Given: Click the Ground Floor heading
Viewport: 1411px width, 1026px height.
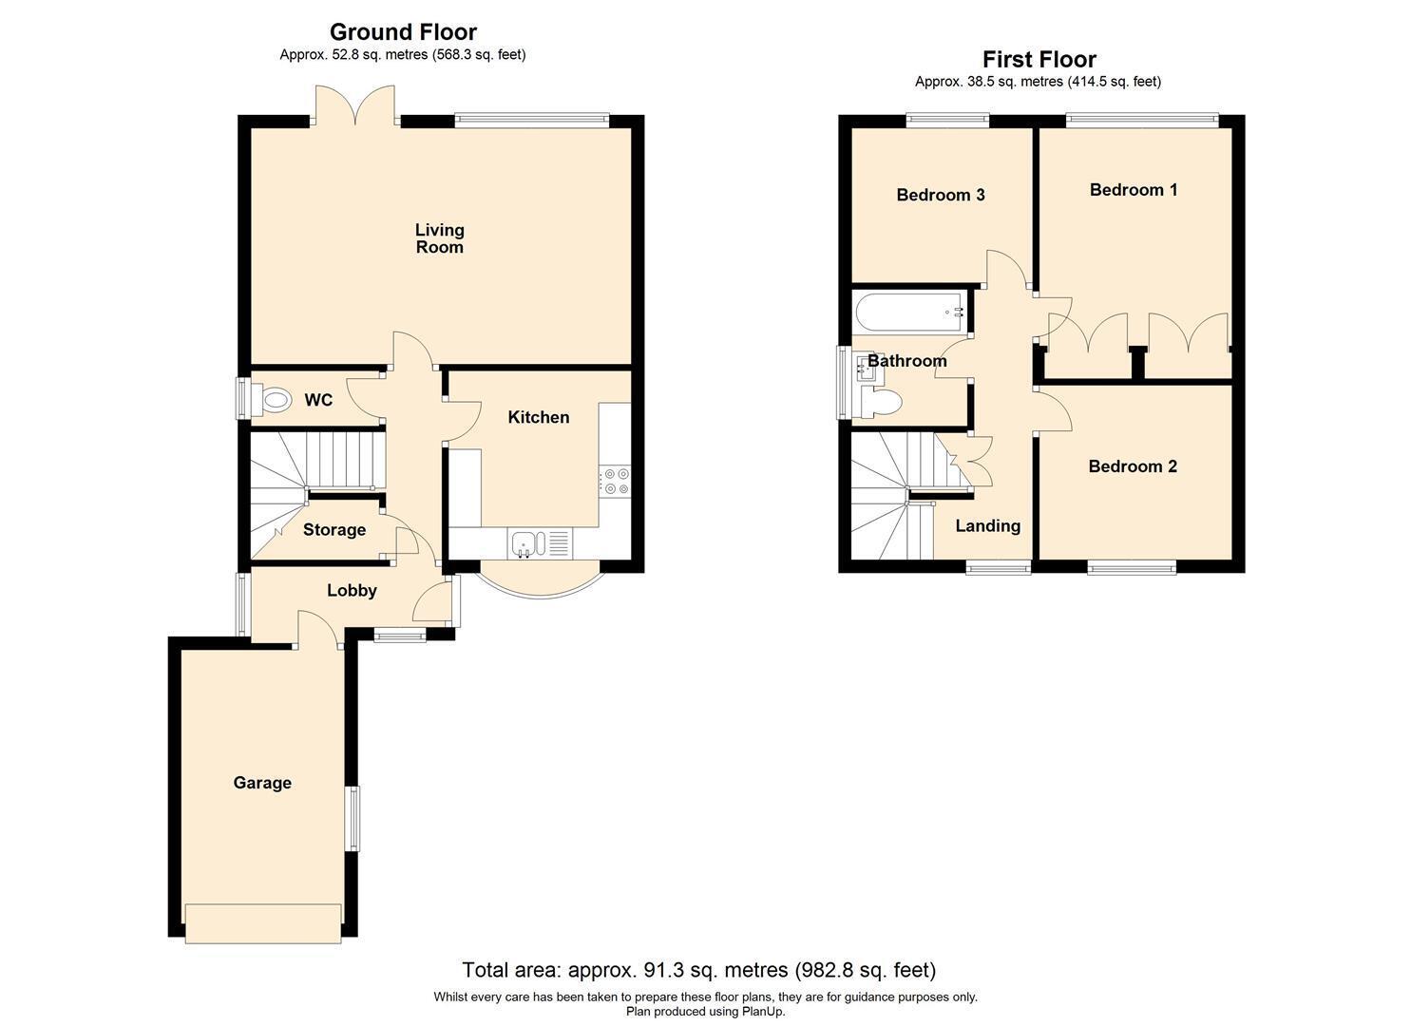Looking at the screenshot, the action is [x=403, y=31].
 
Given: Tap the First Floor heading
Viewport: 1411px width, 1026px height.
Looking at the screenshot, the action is [x=1039, y=59].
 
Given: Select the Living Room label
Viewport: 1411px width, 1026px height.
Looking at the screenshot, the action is [x=440, y=238].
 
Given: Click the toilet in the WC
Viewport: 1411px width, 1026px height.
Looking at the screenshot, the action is [x=272, y=399].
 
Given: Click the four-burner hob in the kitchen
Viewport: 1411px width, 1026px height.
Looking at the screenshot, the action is [x=615, y=481].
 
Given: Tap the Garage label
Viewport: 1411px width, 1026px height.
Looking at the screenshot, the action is [x=262, y=783].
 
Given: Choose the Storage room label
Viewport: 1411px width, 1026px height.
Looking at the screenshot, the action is [x=334, y=530].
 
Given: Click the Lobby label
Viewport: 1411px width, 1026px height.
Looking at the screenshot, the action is [x=352, y=590].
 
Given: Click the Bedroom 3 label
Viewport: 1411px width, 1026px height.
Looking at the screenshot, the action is [x=941, y=195].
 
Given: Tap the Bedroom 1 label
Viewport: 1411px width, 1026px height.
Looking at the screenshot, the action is [x=1134, y=190].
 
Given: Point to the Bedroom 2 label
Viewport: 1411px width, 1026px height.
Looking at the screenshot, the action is [x=1133, y=466].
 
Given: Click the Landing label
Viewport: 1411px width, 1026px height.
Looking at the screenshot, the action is [x=988, y=525].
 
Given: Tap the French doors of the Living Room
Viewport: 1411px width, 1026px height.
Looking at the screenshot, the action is [x=356, y=104].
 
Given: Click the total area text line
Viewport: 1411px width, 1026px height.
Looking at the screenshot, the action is [x=699, y=969].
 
